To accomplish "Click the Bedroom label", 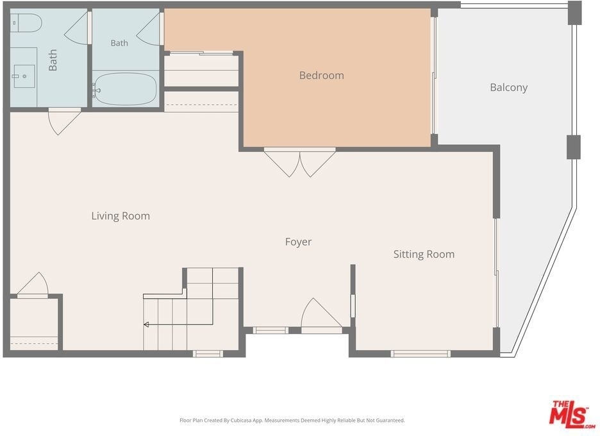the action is click(321, 76).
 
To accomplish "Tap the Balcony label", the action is click(508, 88).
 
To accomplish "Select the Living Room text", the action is click(121, 216).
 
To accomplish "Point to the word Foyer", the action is click(298, 242).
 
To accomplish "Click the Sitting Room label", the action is click(424, 255).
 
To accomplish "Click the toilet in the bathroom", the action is click(25, 23).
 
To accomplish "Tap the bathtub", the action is click(125, 89).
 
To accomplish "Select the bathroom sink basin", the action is click(24, 76).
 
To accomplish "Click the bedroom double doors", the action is click(299, 162).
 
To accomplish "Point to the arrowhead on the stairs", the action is click(146, 325).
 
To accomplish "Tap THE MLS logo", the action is click(572, 414).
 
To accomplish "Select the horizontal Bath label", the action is click(119, 43).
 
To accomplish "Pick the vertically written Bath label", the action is click(53, 60).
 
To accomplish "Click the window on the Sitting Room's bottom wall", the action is click(421, 354).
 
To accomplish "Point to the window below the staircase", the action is click(208, 354).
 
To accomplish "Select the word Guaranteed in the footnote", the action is click(390, 421).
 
